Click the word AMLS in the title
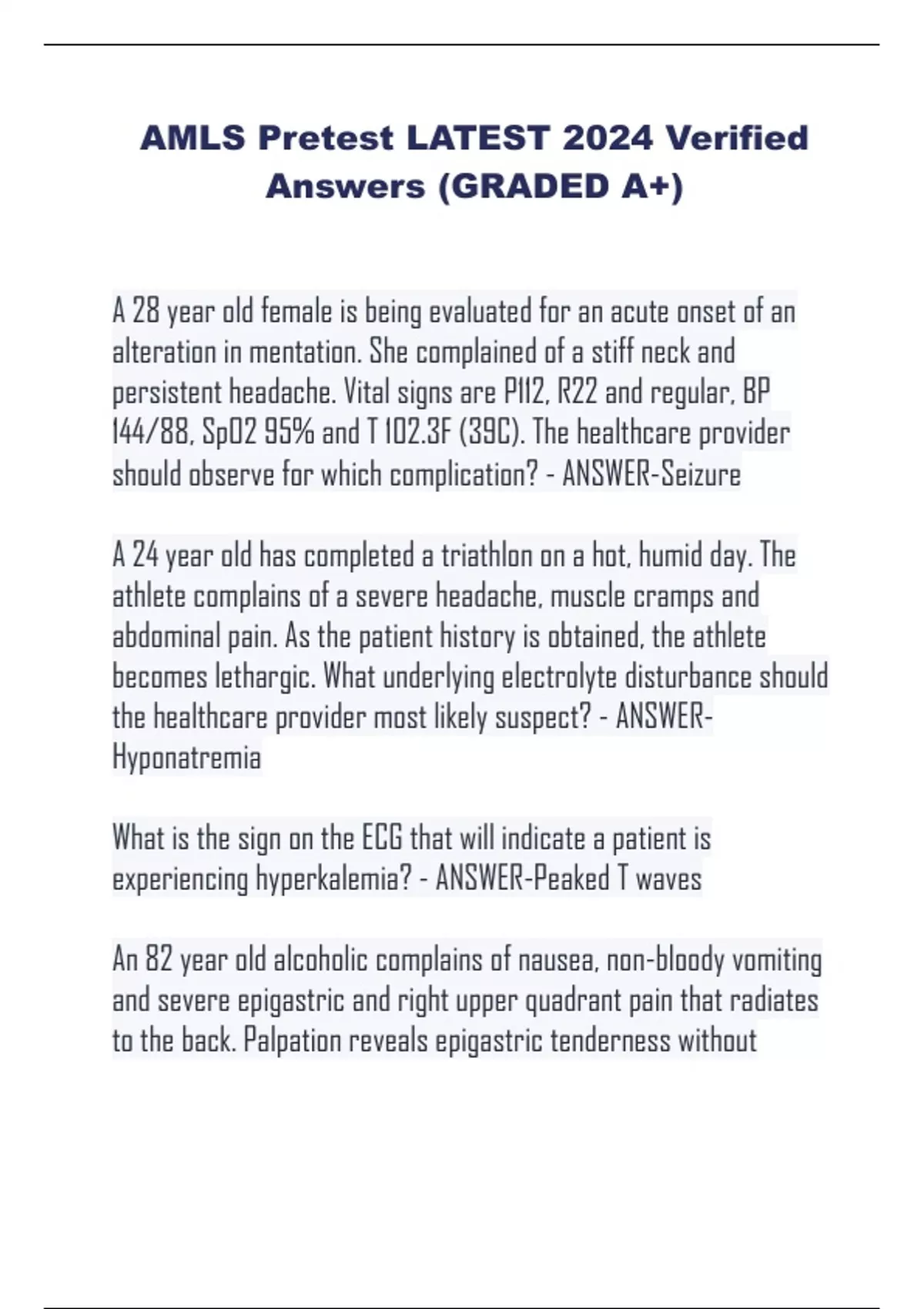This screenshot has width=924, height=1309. [x=193, y=139]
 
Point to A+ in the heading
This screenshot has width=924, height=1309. [x=650, y=186]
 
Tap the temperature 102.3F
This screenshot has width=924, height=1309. [x=414, y=434]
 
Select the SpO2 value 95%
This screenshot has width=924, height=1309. [x=290, y=434]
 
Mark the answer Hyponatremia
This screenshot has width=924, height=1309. [x=187, y=758]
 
